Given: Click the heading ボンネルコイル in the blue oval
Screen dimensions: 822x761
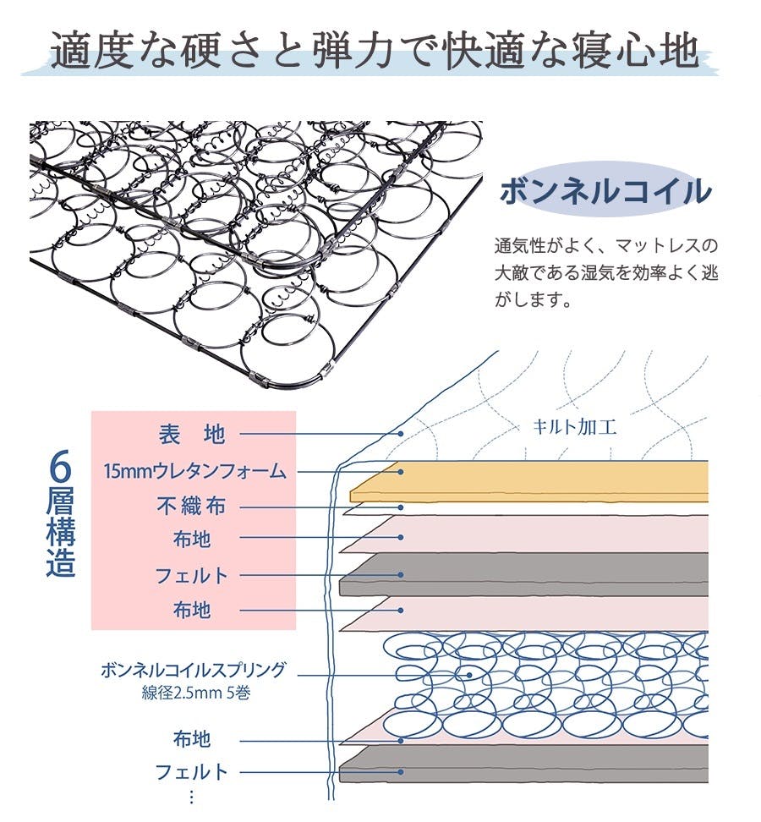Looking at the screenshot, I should click(x=605, y=191).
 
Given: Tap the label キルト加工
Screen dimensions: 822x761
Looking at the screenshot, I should click(x=574, y=427).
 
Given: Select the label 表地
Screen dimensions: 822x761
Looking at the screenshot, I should click(x=192, y=435).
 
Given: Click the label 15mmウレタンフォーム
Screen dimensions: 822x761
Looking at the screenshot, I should click(x=194, y=471).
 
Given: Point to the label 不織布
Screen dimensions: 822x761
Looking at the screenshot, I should click(x=192, y=507).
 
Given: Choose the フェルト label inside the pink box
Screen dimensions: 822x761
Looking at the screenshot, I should click(x=192, y=576).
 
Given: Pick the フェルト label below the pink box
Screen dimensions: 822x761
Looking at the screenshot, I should click(x=192, y=771).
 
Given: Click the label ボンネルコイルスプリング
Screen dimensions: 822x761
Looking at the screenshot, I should click(x=193, y=671).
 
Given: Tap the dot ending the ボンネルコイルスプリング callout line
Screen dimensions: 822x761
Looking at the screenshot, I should click(x=470, y=675).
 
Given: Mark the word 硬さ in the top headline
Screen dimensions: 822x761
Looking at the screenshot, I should click(x=204, y=52).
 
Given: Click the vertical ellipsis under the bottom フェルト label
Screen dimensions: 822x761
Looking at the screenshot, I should click(x=192, y=797).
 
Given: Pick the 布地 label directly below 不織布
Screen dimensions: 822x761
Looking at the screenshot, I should click(x=192, y=539).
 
